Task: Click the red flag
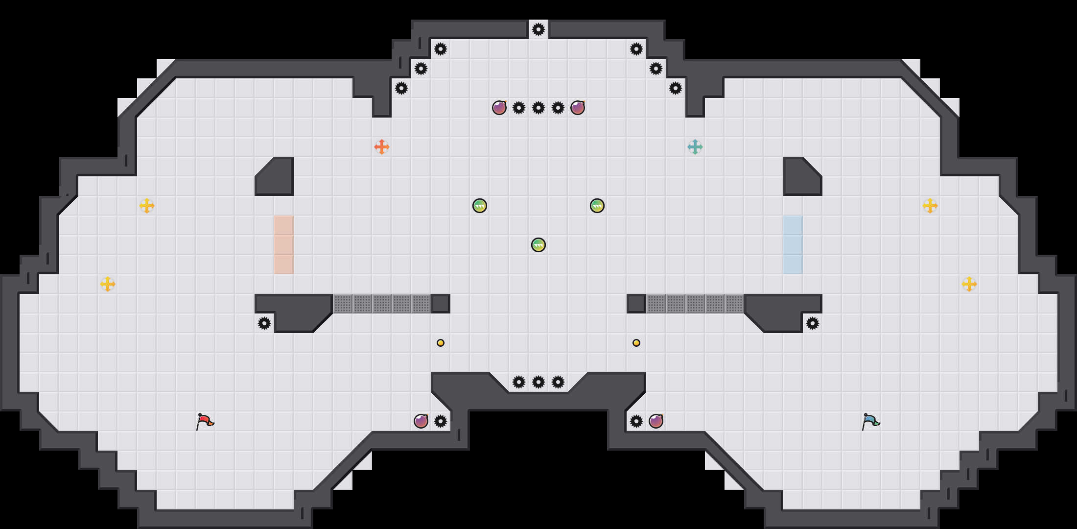point(205,421)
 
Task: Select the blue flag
point(870,421)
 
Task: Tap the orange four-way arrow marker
point(382,147)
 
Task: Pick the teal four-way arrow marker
point(695,147)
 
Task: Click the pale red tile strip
point(284,245)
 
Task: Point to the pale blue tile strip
point(793,245)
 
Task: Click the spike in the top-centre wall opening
point(538,29)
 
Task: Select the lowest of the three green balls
point(538,245)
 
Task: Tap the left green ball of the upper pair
point(480,206)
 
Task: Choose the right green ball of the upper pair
point(597,206)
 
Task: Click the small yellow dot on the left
point(441,343)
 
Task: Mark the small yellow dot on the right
point(636,343)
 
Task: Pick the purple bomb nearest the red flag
point(421,421)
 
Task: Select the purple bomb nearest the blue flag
point(656,421)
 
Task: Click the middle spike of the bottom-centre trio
point(538,382)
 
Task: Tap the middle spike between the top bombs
point(538,108)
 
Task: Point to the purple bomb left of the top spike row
point(499,108)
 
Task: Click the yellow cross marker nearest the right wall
point(969,284)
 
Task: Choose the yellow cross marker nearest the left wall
point(108,284)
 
